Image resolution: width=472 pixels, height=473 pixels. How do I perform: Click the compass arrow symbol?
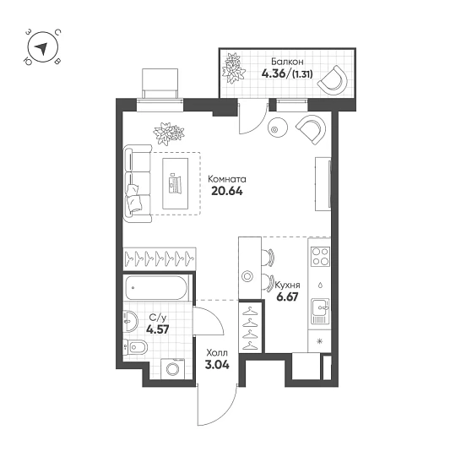pos(40,49)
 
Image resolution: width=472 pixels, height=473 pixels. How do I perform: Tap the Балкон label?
pos(277,61)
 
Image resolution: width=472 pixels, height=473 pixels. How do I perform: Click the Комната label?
pos(227,179)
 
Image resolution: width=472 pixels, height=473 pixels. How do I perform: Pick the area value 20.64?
pos(226,192)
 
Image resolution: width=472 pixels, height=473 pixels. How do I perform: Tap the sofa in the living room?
pos(137,182)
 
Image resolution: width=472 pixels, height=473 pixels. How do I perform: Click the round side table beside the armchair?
pos(278,128)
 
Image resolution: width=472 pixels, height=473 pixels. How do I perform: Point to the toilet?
pos(134,348)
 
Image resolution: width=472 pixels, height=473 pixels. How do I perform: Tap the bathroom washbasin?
pos(130,321)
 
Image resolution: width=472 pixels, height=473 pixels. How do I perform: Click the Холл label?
pos(216,355)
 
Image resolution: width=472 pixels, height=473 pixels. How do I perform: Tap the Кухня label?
pos(287,287)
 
